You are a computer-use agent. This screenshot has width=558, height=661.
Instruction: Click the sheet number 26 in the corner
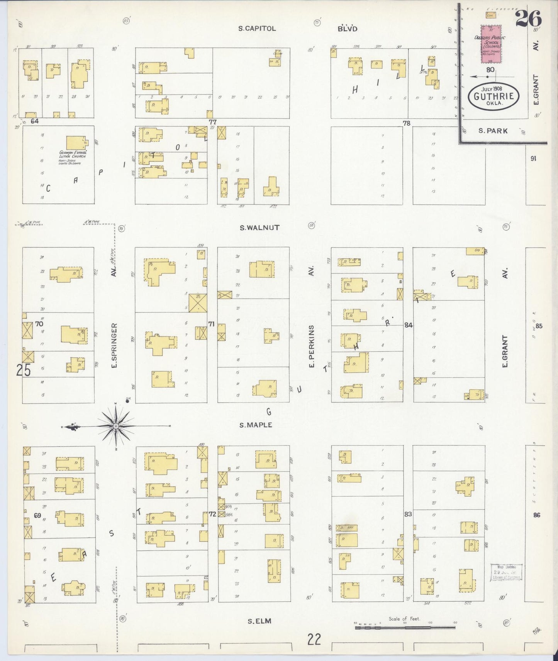click(x=528, y=19)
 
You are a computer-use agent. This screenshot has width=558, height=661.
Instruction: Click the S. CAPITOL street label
click(x=257, y=29)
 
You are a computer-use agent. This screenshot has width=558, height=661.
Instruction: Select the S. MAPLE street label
click(x=256, y=425)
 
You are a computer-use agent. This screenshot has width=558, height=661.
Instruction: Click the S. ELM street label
click(x=259, y=621)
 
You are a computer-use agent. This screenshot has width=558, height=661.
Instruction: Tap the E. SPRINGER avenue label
click(x=114, y=345)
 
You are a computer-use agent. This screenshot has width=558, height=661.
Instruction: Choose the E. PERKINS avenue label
click(x=312, y=346)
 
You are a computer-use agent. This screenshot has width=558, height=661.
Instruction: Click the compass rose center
click(x=115, y=426)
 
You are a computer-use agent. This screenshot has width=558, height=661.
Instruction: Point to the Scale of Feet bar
click(x=405, y=627)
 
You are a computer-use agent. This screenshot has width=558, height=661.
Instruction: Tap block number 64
click(x=35, y=121)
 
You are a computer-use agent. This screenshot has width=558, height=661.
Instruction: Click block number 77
click(x=212, y=122)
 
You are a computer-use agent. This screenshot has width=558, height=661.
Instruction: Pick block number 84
click(x=408, y=325)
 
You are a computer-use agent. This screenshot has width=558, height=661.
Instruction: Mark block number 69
click(x=37, y=515)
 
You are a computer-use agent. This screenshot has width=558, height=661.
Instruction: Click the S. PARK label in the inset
click(x=493, y=131)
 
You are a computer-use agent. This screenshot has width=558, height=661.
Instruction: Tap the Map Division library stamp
click(x=506, y=572)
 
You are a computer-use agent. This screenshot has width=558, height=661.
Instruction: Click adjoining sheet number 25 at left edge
click(x=23, y=370)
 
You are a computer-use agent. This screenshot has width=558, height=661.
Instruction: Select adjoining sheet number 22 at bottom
click(x=314, y=639)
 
